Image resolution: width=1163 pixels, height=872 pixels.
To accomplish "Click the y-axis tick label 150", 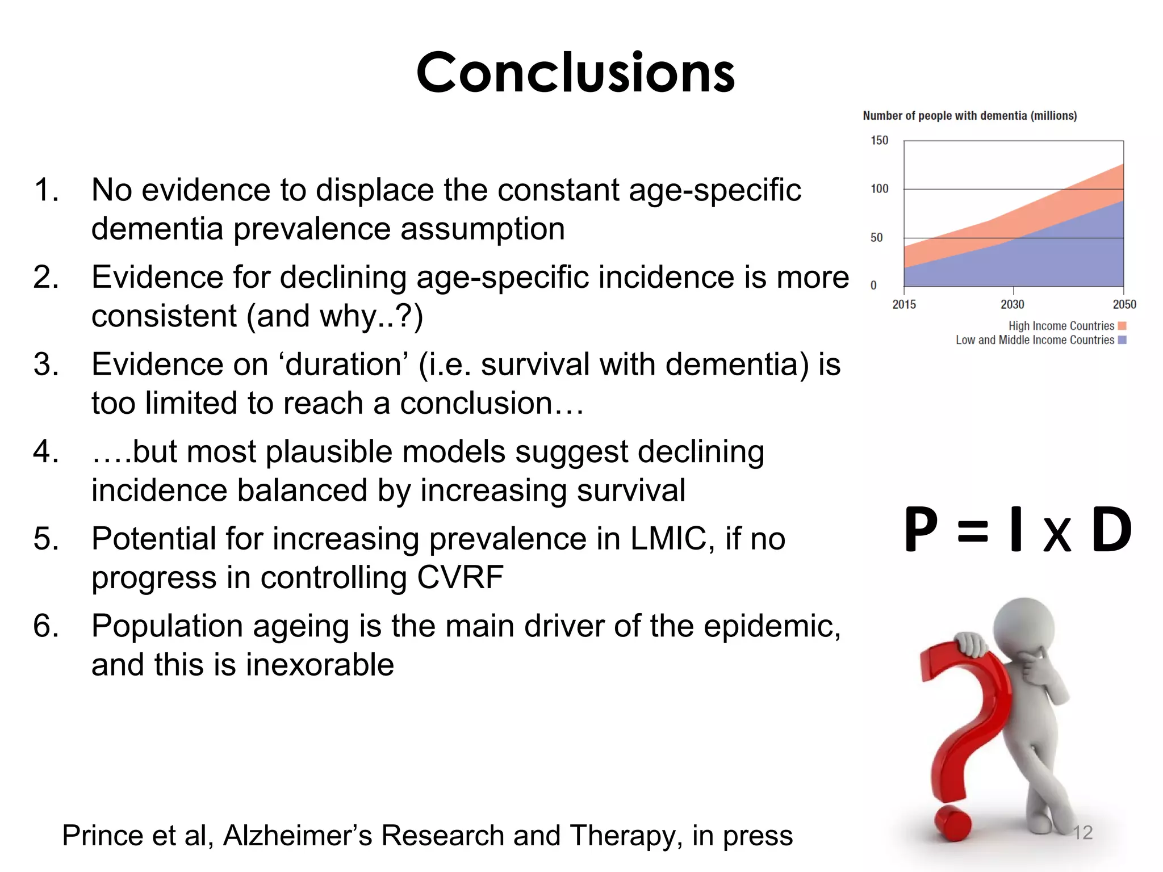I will (x=879, y=140).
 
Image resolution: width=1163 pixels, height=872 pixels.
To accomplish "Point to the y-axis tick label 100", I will (x=879, y=188).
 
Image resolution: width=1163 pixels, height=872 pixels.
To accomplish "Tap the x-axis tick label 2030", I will (x=1012, y=304).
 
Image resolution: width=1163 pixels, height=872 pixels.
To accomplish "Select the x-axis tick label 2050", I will (x=1124, y=304).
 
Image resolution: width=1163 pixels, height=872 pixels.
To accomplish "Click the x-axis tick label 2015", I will (x=904, y=304).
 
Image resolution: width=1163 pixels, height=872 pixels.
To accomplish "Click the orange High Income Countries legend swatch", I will (x=1122, y=326).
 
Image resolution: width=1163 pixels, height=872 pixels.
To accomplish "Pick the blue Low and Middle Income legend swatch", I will (x=1122, y=340).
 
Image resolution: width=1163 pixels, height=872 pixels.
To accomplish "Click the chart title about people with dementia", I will (x=969, y=116).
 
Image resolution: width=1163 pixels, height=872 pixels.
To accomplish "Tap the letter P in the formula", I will (x=921, y=530).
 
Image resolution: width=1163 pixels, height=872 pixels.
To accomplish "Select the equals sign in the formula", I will (x=973, y=532).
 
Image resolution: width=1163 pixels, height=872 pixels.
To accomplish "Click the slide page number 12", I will (x=1082, y=833).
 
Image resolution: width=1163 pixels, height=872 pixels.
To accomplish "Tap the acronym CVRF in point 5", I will (x=460, y=577).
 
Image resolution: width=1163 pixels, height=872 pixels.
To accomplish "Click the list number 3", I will (x=45, y=364).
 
